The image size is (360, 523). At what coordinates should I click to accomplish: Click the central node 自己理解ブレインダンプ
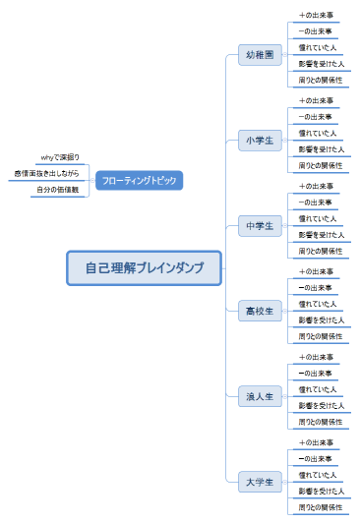tap(145, 267)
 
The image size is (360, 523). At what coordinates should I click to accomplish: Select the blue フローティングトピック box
tap(140, 180)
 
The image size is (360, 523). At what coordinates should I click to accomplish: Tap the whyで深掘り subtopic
tap(61, 157)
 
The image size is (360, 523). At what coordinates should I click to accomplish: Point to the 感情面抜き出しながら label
tap(46, 173)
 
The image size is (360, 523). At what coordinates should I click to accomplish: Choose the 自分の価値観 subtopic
tap(57, 190)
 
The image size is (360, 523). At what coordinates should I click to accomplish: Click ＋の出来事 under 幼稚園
tap(316, 16)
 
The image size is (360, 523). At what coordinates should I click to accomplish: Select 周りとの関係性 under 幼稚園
tap(321, 80)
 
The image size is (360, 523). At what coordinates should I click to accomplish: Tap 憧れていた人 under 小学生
tap(318, 133)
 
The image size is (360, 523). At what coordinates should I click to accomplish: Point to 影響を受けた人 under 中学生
tap(321, 234)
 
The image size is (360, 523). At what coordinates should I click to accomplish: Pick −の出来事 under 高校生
tap(316, 288)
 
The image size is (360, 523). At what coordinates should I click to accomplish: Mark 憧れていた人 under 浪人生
tap(318, 389)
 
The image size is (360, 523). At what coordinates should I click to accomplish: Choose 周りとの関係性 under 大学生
tap(321, 507)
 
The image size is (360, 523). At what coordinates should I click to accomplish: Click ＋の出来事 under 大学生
tap(316, 442)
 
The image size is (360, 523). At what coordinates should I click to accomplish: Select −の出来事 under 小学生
tap(316, 117)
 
